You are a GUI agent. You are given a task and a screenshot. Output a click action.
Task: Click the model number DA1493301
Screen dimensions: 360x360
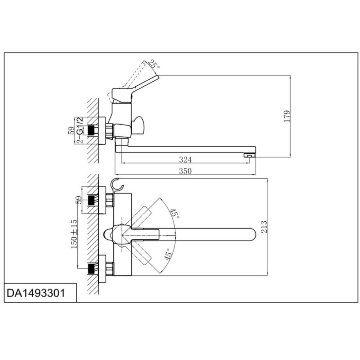36,293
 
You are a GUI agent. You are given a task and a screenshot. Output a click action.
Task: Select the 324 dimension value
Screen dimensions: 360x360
185,159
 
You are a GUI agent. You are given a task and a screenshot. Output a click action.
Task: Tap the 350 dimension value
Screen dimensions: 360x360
185,171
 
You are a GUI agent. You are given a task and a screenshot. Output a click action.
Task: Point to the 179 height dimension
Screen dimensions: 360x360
287,116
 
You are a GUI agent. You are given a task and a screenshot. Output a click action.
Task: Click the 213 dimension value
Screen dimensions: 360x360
264,227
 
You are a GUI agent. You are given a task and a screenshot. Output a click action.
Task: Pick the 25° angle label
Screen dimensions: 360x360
153,64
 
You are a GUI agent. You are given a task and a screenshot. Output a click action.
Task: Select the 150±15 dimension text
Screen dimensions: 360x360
74,234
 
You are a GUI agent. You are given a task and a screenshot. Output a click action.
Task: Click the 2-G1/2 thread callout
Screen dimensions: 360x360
80,130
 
